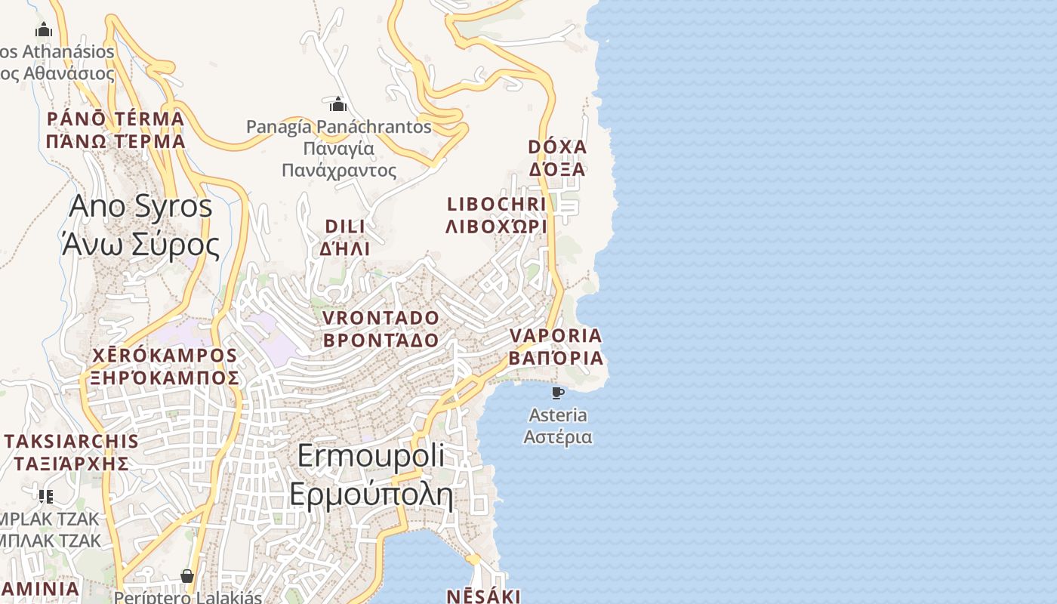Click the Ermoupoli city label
371,476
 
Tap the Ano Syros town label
140,225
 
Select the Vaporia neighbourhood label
556,347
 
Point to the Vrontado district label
381,328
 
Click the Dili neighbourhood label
345,237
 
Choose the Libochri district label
496,215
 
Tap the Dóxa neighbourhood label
557,157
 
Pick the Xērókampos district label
165,366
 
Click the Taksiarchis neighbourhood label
72,452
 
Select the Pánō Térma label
116,130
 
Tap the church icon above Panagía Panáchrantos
337,103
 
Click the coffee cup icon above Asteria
558,393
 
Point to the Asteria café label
558,426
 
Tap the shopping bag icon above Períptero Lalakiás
187,577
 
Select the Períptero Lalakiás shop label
187,597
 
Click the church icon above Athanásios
44,30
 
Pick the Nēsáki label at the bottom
484,596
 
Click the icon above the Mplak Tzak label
46,496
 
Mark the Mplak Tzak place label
50,530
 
